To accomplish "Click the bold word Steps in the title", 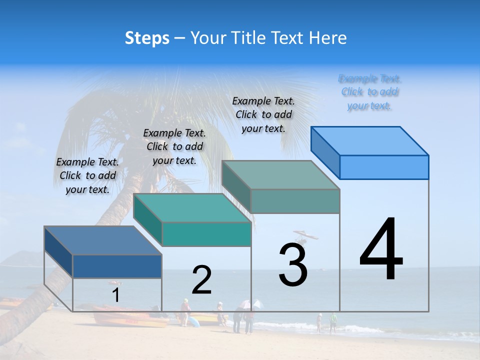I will click(x=147, y=38).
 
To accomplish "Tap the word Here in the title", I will click(x=327, y=38).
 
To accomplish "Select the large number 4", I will click(x=381, y=250).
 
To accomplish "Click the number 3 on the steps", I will click(x=293, y=265).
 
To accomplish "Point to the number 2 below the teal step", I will click(x=201, y=280).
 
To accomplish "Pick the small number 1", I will click(x=115, y=295).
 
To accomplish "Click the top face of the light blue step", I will click(x=370, y=140).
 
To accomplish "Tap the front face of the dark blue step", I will click(x=117, y=266).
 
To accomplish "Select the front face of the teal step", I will click(x=206, y=234).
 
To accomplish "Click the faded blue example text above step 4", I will click(x=369, y=92).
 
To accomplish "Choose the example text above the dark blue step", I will click(x=87, y=175).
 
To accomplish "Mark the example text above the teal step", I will click(x=174, y=146).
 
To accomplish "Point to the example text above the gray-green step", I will click(x=263, y=114).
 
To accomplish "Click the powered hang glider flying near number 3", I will click(x=306, y=234).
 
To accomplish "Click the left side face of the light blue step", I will click(x=325, y=152).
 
